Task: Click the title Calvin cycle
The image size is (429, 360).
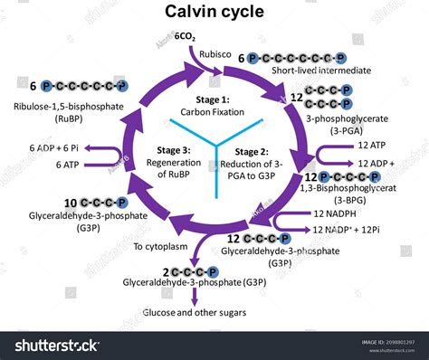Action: click(214, 12)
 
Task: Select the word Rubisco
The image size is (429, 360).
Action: click(217, 53)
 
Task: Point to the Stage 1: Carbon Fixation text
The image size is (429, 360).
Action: click(214, 104)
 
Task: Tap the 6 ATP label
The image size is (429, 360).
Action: click(66, 164)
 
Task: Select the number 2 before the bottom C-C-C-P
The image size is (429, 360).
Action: click(167, 271)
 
